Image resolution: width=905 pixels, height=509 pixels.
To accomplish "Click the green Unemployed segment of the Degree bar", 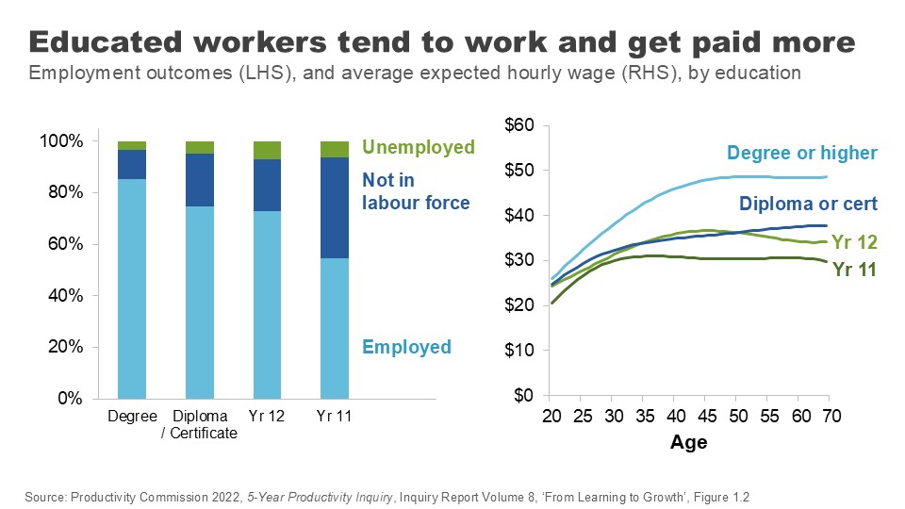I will pos(132,145).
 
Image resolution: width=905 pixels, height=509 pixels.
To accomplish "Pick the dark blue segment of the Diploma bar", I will pos(200,180).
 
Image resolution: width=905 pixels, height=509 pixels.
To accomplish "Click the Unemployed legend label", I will pos(418,148).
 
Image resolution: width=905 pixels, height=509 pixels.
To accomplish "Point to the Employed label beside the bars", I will pos(406,347).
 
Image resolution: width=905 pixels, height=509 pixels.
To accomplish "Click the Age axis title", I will pos(688,442).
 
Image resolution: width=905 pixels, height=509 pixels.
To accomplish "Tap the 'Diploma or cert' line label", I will pos(808,204).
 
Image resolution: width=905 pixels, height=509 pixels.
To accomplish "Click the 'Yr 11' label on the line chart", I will pos(854,270).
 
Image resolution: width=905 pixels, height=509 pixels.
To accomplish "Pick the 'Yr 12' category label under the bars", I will pos(267,417).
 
